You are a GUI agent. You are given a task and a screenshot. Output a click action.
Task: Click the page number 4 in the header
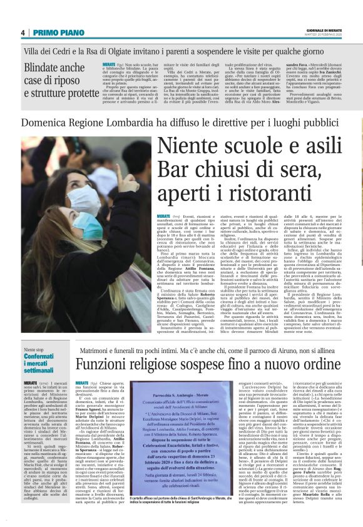click(23, 33)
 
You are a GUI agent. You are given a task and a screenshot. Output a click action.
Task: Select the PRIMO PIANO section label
click(53, 33)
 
